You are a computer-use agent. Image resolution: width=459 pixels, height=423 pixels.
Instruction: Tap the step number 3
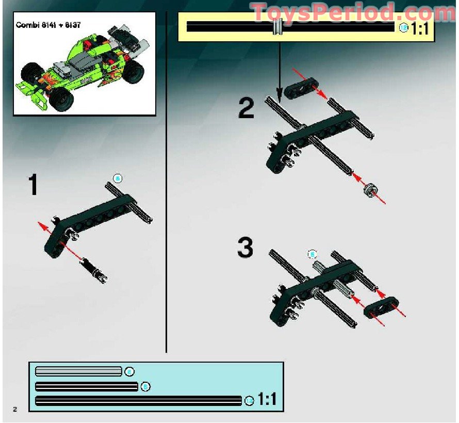coord(245,248)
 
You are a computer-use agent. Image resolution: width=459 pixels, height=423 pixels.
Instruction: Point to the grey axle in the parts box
coord(78,371)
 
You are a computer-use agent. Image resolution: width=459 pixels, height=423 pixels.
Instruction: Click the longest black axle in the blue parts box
coord(138,400)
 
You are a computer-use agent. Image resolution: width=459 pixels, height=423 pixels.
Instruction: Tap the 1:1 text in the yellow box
coord(420,28)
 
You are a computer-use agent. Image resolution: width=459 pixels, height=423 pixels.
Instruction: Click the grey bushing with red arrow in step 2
coord(369,191)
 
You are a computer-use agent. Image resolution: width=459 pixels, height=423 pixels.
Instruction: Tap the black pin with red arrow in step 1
coord(94,269)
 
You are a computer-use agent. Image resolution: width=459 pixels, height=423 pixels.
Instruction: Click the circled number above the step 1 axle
coord(118,178)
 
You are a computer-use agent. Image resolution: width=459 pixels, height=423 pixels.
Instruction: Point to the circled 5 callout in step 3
coord(312,254)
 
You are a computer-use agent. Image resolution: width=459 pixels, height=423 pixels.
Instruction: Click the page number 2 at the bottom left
coord(15,409)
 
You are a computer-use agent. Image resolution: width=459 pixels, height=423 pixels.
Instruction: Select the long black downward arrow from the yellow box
coord(279,67)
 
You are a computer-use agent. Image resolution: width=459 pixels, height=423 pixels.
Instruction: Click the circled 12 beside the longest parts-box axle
coord(249,401)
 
